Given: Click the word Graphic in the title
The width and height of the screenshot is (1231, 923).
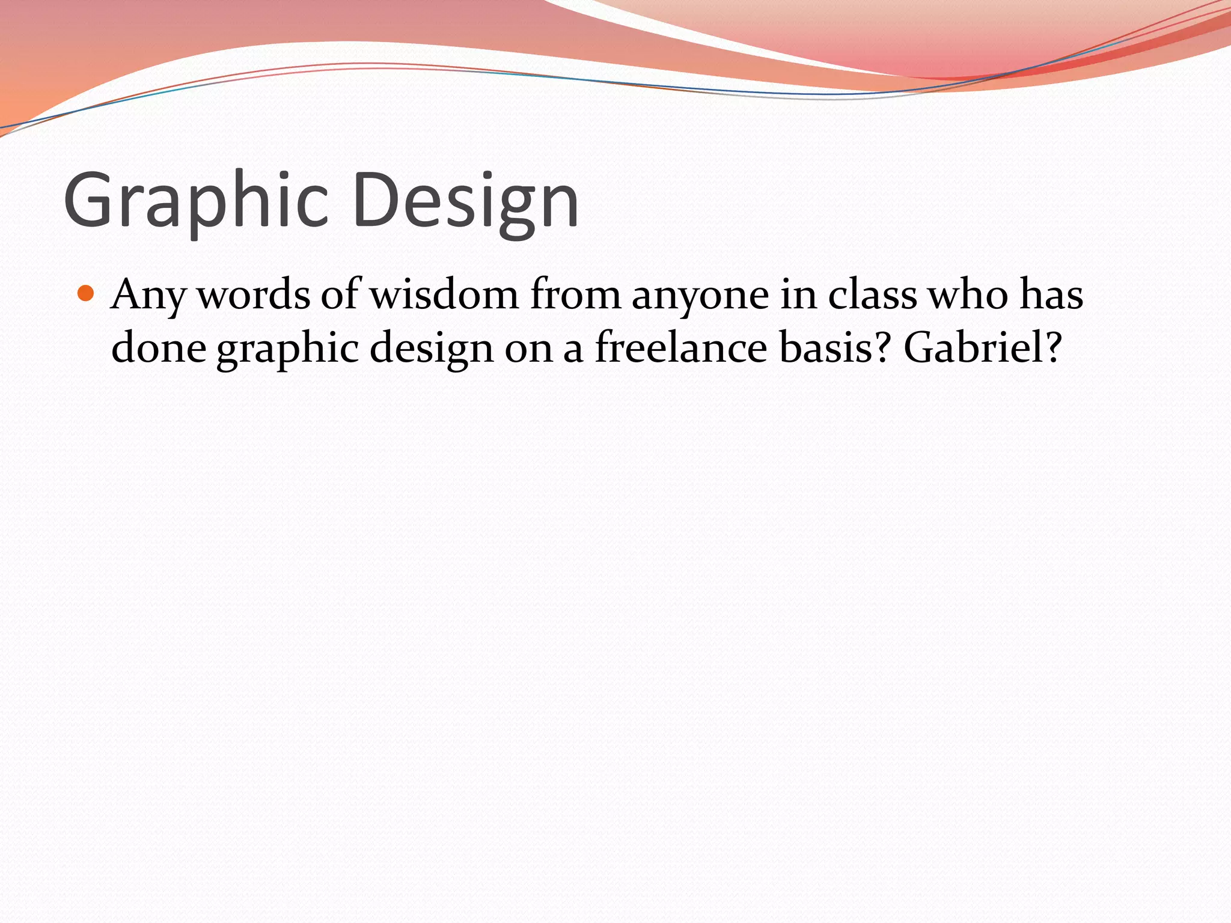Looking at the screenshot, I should tap(196, 201).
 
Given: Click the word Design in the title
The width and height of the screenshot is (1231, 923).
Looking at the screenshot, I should tap(466, 201).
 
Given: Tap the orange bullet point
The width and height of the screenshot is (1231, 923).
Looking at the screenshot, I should tap(87, 294).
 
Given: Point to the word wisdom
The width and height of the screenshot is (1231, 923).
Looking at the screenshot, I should tap(444, 295).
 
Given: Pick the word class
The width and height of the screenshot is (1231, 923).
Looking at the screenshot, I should tap(872, 295).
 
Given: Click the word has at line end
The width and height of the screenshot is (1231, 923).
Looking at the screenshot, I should tap(1051, 295).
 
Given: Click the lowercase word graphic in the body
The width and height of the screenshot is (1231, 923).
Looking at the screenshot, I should tap(287, 349).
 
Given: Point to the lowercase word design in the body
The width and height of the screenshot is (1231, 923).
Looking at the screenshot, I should tap(431, 349).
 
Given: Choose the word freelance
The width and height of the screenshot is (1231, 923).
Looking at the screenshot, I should tap(681, 348).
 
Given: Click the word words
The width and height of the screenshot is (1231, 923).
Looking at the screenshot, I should tap(254, 295).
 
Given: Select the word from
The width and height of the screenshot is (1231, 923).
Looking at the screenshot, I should tap(575, 295).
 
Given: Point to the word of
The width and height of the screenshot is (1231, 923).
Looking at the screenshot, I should tap(340, 295).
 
